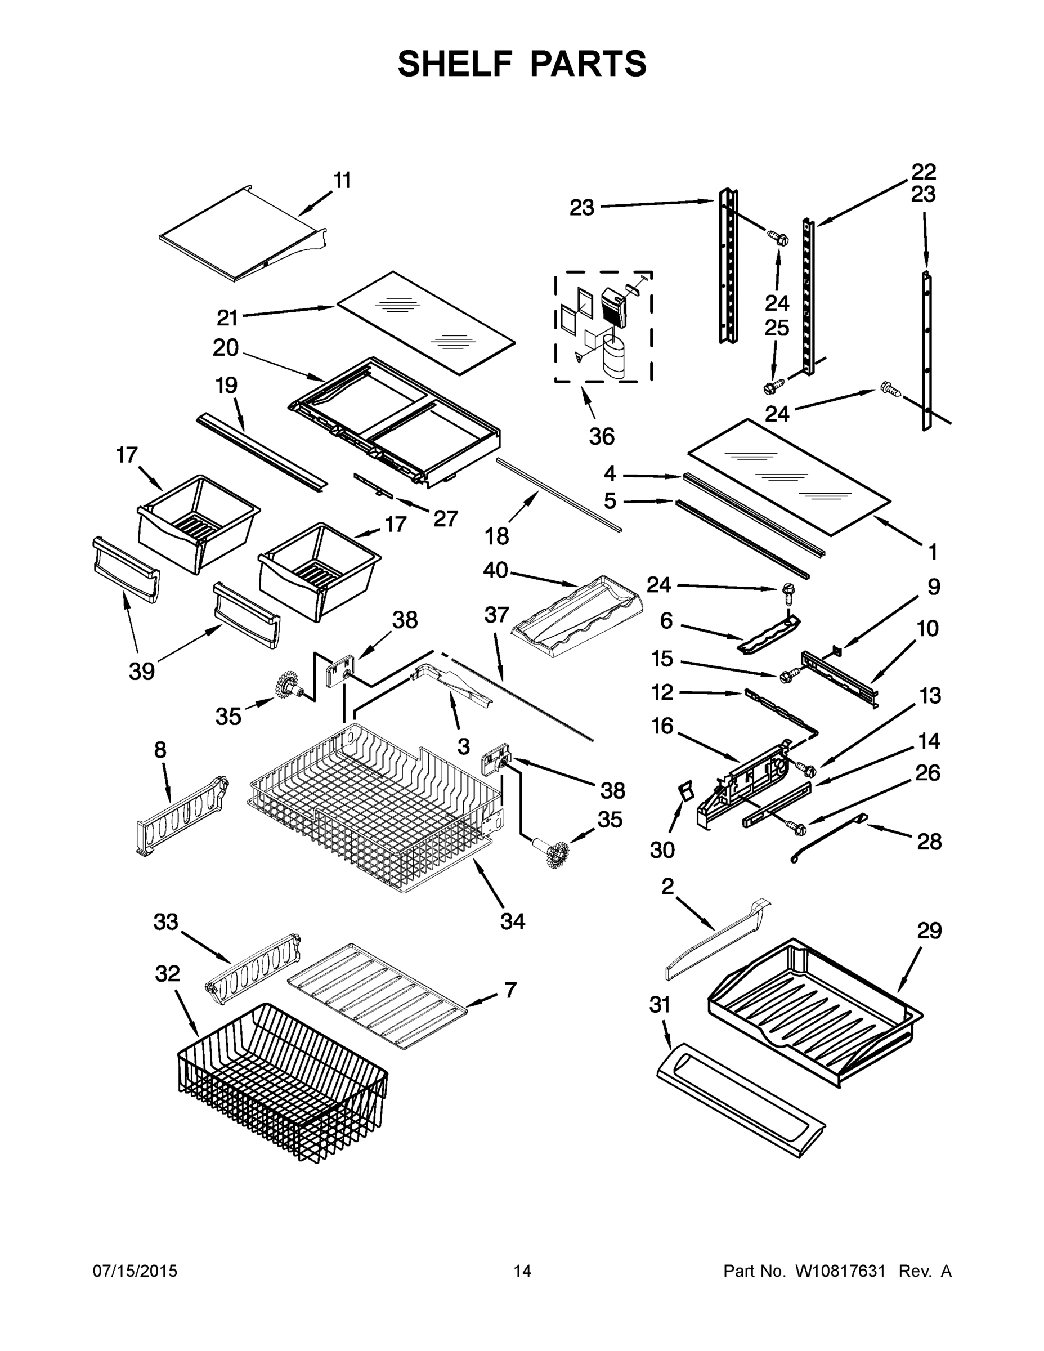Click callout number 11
[x=342, y=181]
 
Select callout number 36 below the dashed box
[x=601, y=437]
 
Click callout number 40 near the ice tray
[x=495, y=570]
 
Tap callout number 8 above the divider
[x=160, y=750]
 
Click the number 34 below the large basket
[x=513, y=921]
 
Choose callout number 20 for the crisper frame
[x=226, y=348]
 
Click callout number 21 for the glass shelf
[x=227, y=318]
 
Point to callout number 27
[x=445, y=518]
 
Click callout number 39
[x=142, y=671]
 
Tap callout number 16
[x=662, y=726]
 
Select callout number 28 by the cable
[x=929, y=842]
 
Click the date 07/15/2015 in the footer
[x=135, y=1271]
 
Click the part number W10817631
[x=839, y=1271]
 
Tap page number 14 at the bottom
[x=522, y=1271]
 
